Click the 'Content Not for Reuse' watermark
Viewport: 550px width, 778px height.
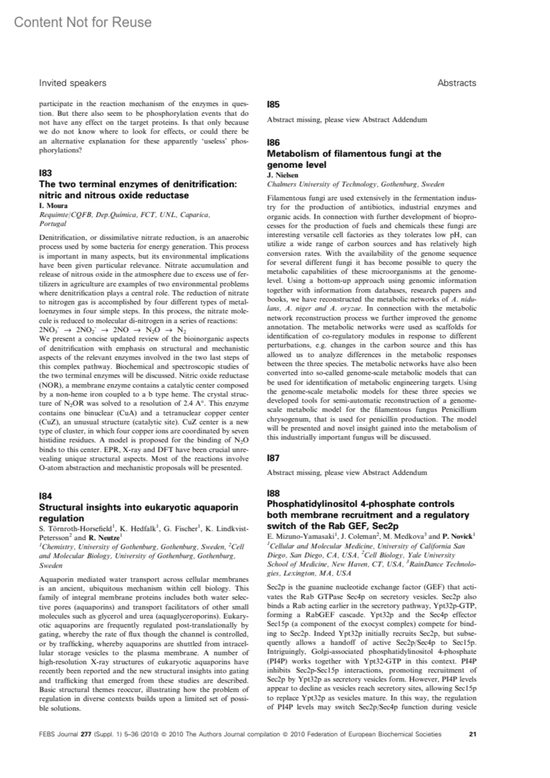82,22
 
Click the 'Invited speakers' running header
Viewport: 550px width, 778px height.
72,83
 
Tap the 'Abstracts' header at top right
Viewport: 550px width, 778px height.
456,83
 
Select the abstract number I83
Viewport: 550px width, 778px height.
45,173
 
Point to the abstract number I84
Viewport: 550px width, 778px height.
45,496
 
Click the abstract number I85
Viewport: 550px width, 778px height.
274,104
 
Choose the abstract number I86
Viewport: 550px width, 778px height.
274,142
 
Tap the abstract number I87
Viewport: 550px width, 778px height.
274,458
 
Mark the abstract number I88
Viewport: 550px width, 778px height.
274,493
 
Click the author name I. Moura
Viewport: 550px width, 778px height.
53,205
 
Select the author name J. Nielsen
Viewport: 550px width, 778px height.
282,175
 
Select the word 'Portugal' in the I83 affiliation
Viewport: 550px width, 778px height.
53,224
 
